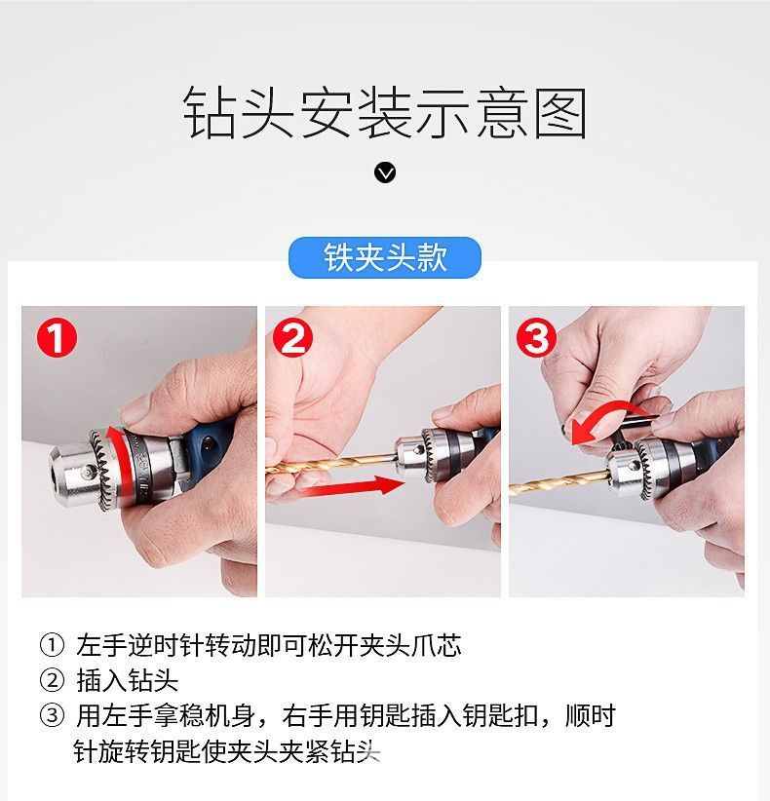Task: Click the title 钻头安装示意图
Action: tap(385, 114)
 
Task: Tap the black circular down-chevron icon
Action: tap(385, 173)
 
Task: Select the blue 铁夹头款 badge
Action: tap(385, 258)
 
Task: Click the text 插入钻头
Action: tap(127, 680)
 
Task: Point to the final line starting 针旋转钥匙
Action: tap(224, 751)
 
